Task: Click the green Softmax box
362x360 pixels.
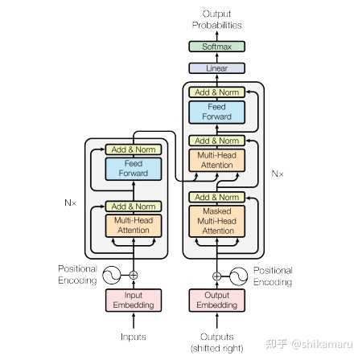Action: [x=216, y=47]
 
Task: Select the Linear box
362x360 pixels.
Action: [x=216, y=68]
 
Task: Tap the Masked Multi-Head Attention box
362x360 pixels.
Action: [x=216, y=221]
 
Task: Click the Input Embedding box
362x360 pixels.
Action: [x=134, y=301]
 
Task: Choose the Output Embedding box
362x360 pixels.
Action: [x=216, y=301]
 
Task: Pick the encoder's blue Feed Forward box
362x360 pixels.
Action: [x=134, y=169]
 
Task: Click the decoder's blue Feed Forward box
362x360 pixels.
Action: [x=216, y=112]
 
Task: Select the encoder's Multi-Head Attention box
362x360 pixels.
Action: [x=134, y=226]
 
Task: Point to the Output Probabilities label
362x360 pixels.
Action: [x=216, y=19]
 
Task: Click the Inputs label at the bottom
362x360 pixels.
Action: [x=134, y=337]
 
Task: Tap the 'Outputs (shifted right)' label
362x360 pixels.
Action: [x=216, y=342]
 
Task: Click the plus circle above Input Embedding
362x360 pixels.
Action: [x=134, y=275]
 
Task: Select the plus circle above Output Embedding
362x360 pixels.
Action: [x=216, y=276]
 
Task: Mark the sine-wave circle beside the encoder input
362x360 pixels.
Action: [x=111, y=275]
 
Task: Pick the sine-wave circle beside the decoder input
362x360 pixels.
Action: [x=238, y=276]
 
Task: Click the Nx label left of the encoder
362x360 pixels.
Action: [x=70, y=202]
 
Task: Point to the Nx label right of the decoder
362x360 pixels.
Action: [x=278, y=174]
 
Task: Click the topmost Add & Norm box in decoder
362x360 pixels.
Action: [x=216, y=92]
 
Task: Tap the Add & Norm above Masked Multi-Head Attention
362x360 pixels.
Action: [x=216, y=197]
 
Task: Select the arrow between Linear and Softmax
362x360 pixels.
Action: [x=216, y=57]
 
